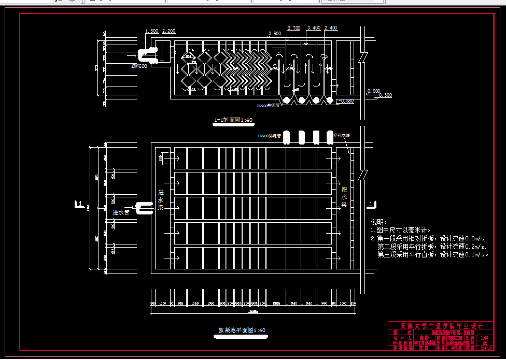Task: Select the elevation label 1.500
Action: coord(151,31)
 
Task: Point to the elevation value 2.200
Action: coord(168,31)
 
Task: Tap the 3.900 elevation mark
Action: coord(274,33)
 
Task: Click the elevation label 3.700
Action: coord(293,28)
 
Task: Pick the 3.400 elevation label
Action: coord(314,28)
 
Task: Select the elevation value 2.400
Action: coord(330,28)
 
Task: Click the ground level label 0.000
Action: coord(373,91)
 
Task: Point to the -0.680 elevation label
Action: coord(346,101)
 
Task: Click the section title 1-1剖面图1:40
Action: coord(233,120)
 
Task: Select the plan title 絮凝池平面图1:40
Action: coord(242,330)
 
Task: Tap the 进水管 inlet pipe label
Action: coord(121,212)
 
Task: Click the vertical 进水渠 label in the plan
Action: coord(161,199)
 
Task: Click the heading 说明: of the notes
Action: coord(379,223)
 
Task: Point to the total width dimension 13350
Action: coord(253,311)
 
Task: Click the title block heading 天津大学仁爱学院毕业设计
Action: coord(441,326)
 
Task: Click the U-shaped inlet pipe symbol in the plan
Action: coord(144,208)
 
